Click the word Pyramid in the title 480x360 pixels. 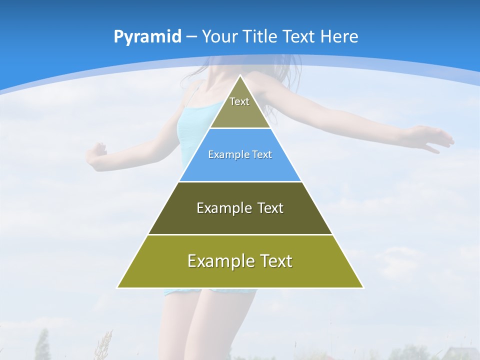click(147, 37)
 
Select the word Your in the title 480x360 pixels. click(219, 37)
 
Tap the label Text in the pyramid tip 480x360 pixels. click(239, 101)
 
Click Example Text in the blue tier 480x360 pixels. click(240, 154)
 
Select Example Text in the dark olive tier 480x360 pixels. click(240, 208)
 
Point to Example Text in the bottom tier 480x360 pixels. click(240, 261)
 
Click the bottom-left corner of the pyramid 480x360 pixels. click(118, 287)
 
